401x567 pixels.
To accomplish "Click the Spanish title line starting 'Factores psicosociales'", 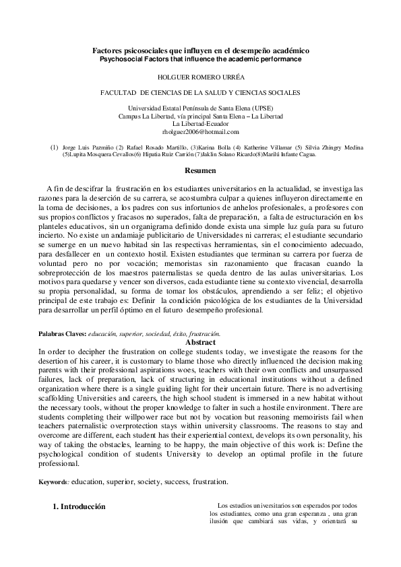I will (200, 51).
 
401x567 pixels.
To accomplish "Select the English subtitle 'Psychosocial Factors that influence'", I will (200, 59).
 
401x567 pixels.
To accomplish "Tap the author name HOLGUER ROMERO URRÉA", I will (200, 77).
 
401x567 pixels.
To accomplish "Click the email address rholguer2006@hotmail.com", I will (200, 133).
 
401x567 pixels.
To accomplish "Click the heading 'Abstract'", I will (200, 342).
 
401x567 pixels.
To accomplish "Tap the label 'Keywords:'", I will (54, 481).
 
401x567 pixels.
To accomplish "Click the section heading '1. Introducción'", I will (80, 506).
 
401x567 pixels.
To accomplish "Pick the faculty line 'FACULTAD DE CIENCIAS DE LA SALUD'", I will (200, 94).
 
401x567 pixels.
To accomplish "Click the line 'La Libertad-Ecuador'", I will (200, 125).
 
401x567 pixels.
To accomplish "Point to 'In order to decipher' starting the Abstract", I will (69, 352).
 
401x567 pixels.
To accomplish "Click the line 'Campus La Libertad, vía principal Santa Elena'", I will (200, 117).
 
